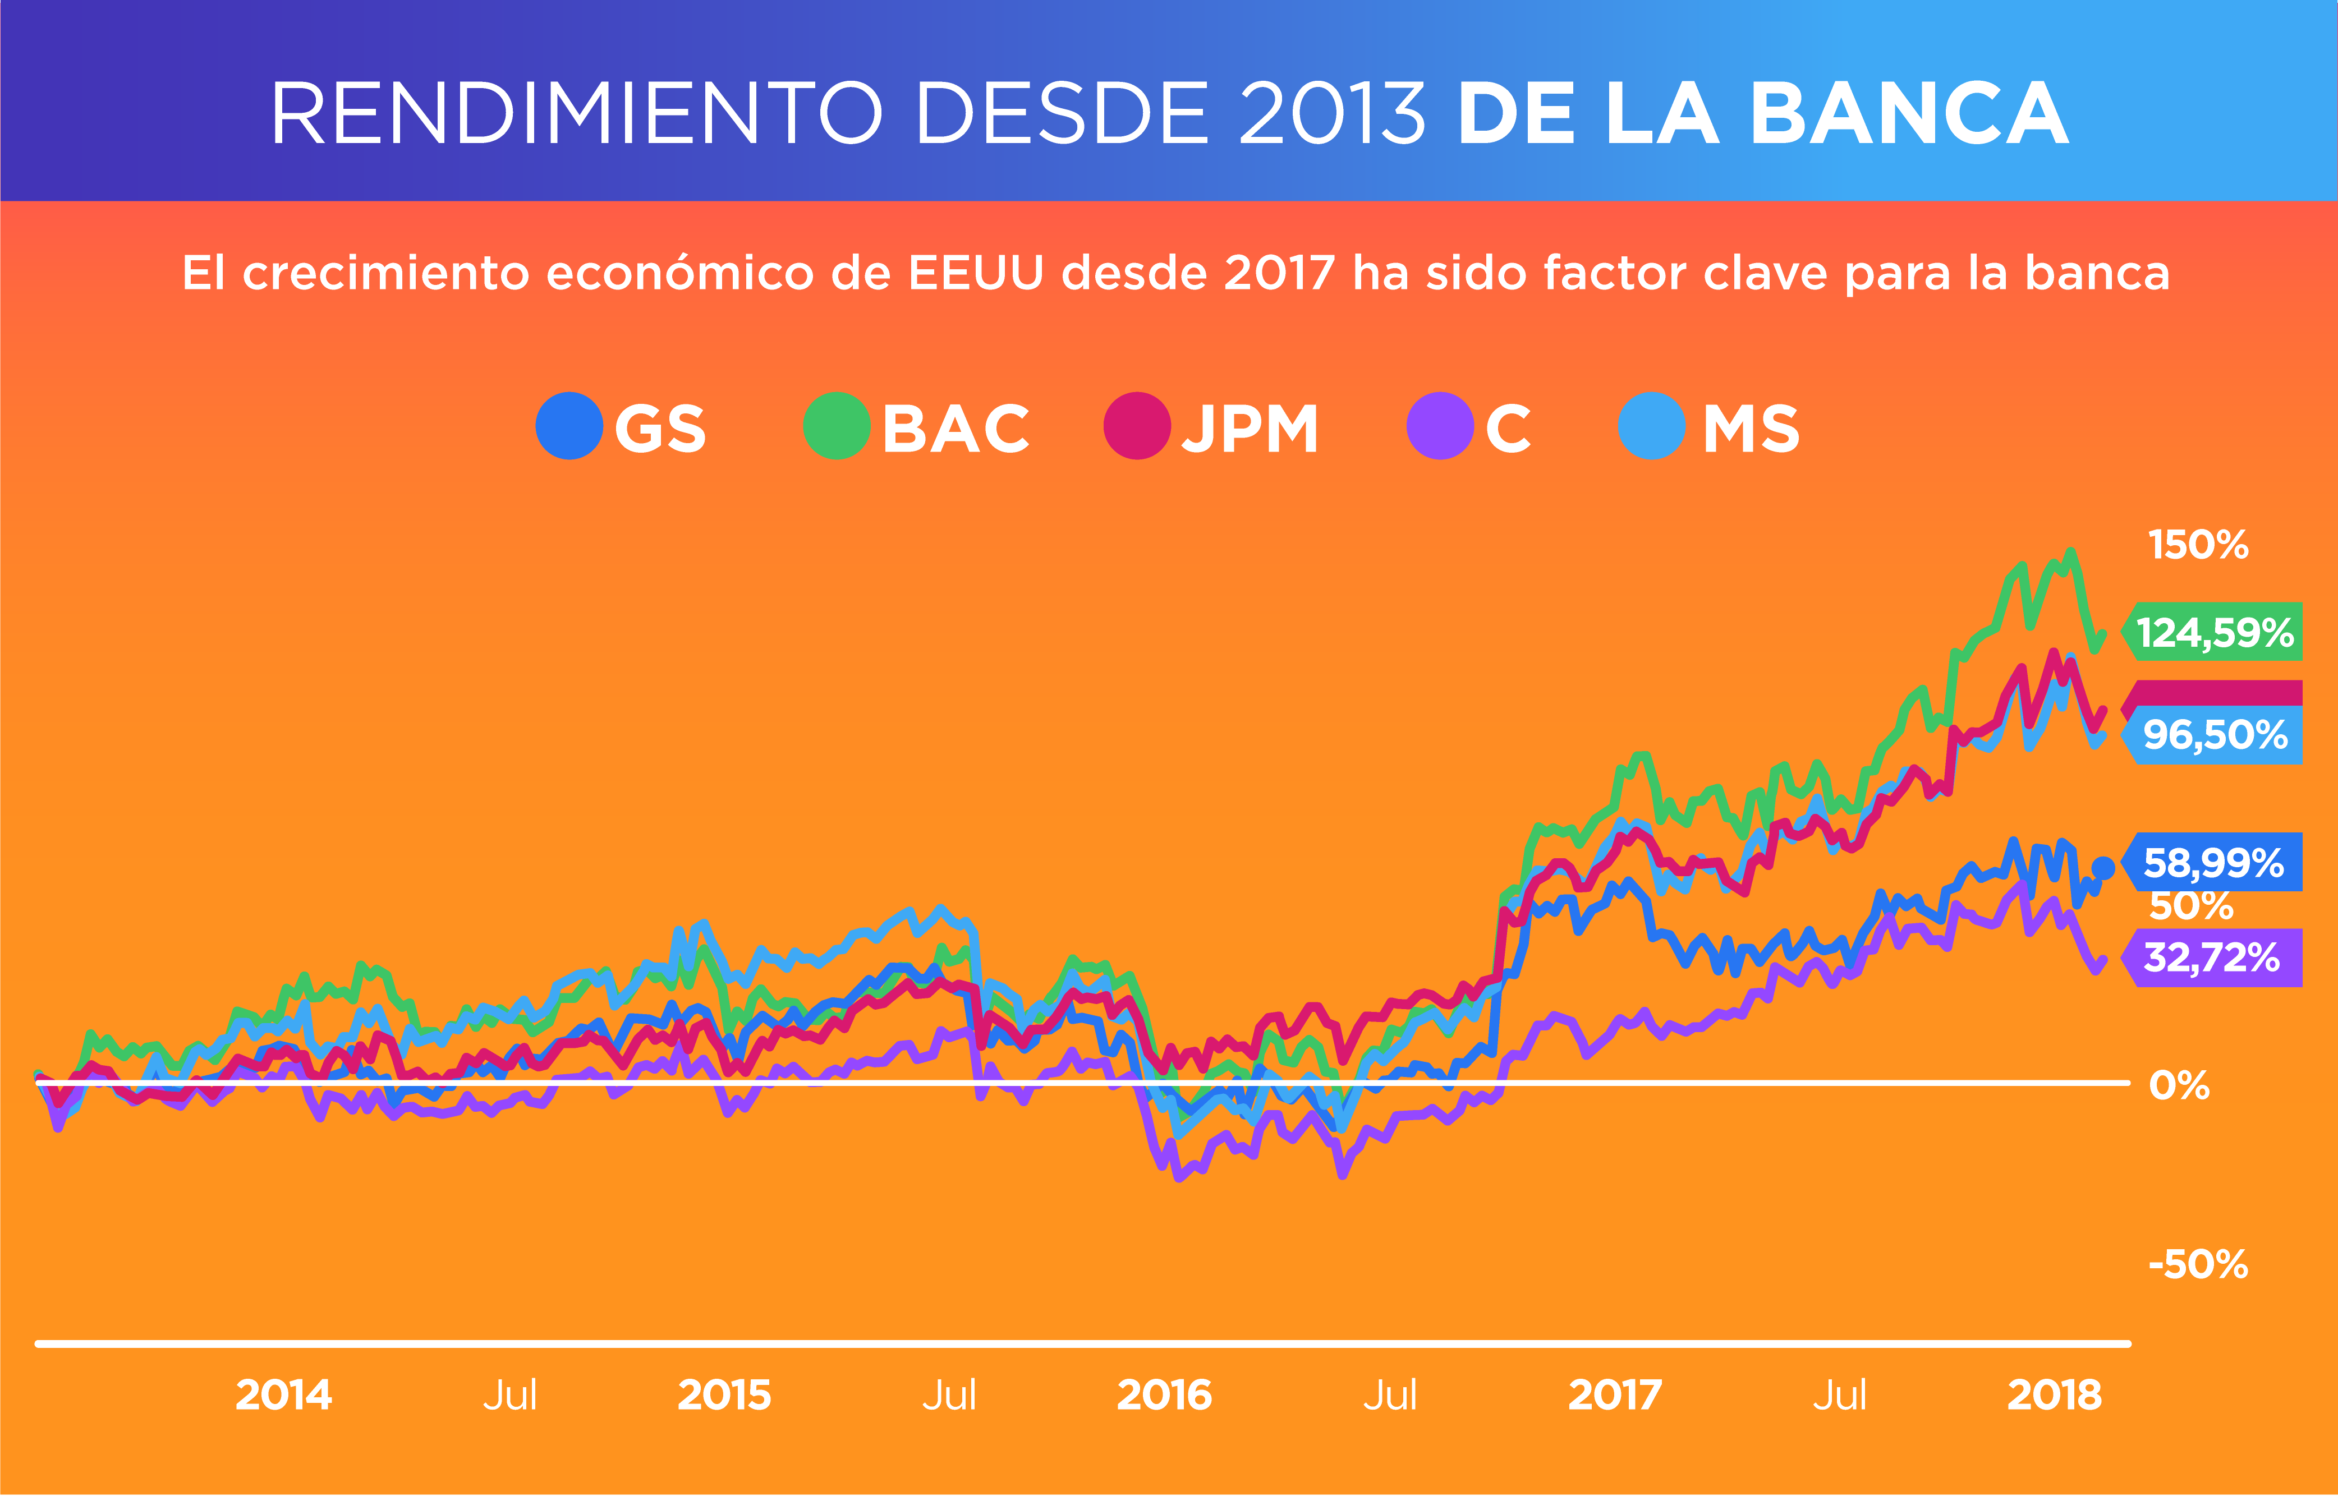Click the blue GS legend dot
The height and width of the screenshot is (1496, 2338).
569,426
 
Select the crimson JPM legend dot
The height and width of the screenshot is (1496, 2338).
1136,426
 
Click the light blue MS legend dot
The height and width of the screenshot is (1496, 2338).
1651,426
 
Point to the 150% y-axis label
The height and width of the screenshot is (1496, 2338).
2198,545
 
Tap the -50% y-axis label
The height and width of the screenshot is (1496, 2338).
2198,1265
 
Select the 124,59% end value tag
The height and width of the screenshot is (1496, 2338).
2213,632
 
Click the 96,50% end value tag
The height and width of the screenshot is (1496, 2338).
2213,735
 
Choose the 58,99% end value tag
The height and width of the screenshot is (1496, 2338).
2213,863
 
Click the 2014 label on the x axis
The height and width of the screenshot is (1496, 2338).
284,1395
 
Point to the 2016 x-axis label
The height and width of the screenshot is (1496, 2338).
1164,1395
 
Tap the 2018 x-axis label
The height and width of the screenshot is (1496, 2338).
2054,1395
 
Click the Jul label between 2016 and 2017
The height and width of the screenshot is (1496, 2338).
1390,1395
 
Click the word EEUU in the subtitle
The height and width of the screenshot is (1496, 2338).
976,273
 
